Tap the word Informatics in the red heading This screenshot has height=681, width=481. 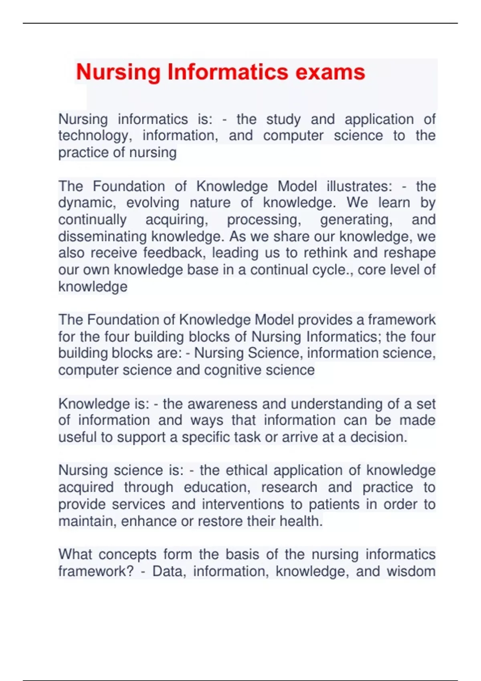point(228,73)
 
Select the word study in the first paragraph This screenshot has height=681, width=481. point(283,119)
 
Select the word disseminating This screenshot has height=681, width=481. point(103,237)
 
